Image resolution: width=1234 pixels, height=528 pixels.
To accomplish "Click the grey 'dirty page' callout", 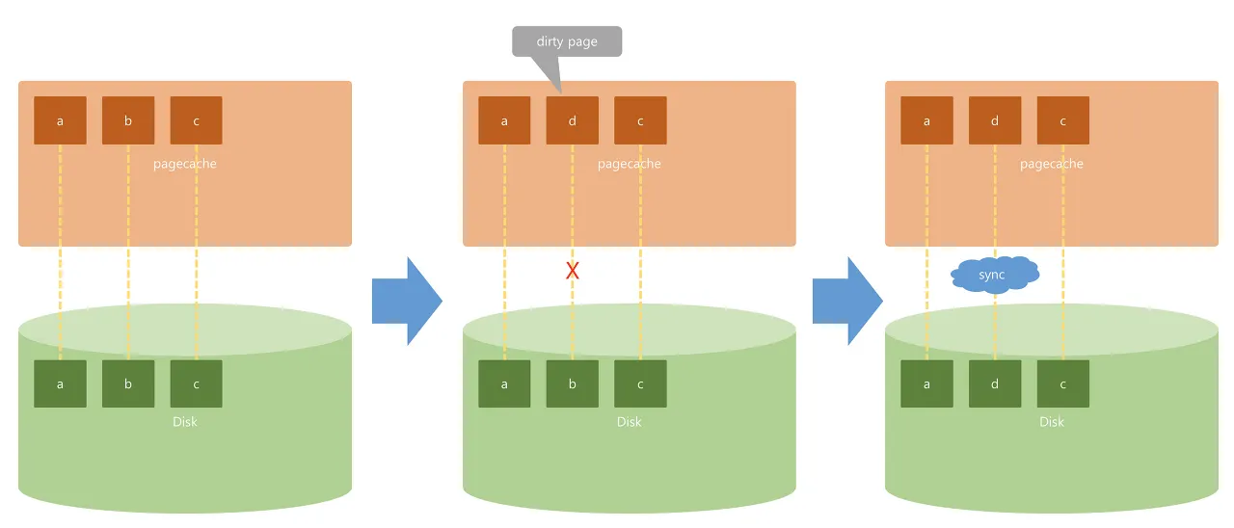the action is pos(567,41).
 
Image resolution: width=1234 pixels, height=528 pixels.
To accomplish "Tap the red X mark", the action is pos(573,271).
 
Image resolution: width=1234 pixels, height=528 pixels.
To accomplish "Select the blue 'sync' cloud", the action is pos(995,274).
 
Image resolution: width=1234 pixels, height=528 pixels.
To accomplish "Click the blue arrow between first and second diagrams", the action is pos(407,301).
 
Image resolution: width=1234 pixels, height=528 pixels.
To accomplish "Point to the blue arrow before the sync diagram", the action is pos(847,301).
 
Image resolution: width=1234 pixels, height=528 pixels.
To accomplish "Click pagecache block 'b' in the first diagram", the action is pos(128,120).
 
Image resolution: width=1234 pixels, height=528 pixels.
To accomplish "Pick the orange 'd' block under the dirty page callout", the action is pos(573,120).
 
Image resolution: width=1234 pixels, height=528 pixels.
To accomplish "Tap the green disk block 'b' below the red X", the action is pos(573,383).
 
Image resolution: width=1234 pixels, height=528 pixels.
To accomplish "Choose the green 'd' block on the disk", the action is pos(995,383).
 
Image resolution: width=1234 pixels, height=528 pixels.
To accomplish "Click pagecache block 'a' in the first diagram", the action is pos(60,120).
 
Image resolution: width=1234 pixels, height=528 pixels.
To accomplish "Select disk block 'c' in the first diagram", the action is pos(196,383).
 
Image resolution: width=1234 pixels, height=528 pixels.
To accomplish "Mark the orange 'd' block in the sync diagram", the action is pos(995,120).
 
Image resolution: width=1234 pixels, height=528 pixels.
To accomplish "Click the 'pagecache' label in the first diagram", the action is pos(184,164).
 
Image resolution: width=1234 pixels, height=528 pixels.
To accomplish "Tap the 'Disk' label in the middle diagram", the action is pos(630,422).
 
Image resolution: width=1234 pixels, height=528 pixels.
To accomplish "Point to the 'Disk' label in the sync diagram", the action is pos(1052,422).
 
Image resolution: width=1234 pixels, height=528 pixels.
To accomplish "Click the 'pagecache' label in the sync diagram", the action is pos(1052,164).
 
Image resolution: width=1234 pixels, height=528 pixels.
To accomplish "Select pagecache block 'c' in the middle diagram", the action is pos(640,120).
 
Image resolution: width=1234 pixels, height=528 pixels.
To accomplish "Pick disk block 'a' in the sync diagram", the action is pos(926,383).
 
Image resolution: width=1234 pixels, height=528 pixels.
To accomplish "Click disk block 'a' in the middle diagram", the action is pos(504,383).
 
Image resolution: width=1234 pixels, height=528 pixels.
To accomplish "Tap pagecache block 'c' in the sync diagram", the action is pos(1062,120).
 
